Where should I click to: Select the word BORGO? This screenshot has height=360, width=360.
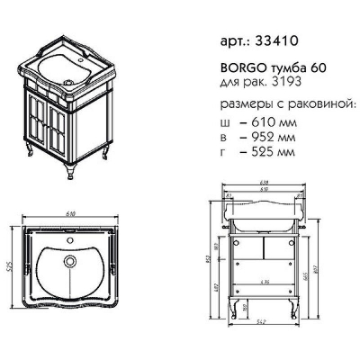coord(236,68)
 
